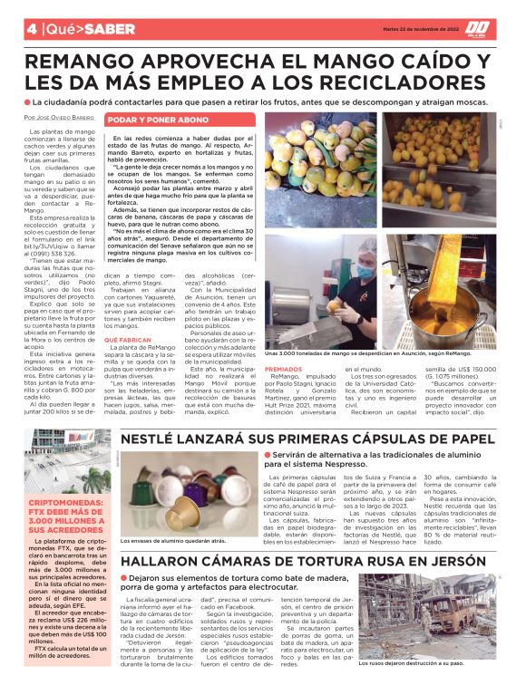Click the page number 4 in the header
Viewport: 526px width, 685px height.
[x=31, y=28]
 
